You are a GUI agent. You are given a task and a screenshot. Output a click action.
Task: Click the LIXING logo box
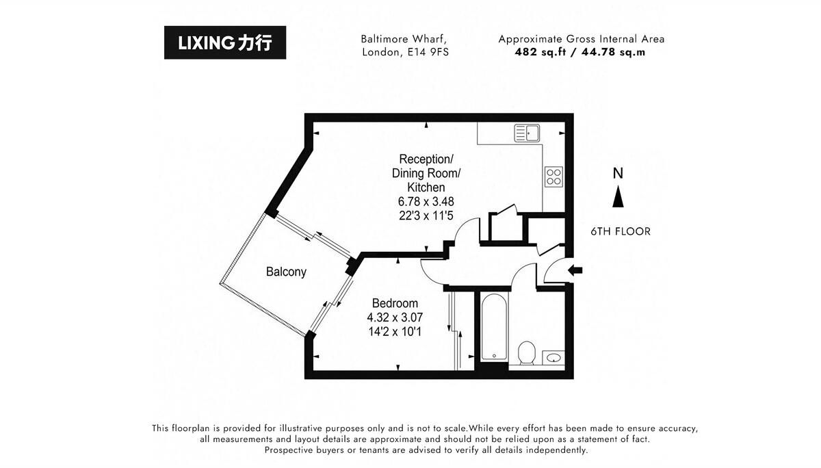tap(225, 42)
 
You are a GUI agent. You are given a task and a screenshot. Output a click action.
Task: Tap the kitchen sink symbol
tap(527, 132)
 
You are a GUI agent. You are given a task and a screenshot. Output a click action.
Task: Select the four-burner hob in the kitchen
tap(553, 177)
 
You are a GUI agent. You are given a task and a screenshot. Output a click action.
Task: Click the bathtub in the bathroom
tap(493, 326)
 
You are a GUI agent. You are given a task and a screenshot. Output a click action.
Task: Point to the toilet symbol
tap(526, 353)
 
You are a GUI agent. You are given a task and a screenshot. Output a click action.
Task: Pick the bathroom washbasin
tap(553, 356)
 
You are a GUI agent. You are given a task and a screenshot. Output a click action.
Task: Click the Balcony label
tap(286, 272)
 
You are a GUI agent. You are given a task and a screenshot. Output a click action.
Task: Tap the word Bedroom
tap(395, 303)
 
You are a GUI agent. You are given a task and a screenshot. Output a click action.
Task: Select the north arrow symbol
tap(618, 198)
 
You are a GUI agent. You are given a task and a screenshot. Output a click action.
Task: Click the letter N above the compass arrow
tap(618, 174)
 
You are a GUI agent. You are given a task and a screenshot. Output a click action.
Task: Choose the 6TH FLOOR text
tap(621, 231)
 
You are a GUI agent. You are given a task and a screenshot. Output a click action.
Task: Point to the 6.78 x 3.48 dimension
tap(426, 201)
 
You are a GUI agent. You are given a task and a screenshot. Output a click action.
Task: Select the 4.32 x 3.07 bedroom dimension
tap(395, 317)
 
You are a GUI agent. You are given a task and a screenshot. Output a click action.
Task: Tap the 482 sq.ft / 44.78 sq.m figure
tap(581, 51)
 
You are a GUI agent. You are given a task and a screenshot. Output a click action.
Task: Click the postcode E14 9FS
tap(426, 51)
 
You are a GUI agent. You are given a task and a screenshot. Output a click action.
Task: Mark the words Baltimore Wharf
tap(404, 39)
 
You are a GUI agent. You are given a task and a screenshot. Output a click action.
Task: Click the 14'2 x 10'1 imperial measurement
tap(395, 332)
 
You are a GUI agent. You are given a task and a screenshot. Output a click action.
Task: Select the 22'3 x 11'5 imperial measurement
tap(426, 216)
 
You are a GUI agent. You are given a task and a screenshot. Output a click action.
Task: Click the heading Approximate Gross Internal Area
tap(581, 39)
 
